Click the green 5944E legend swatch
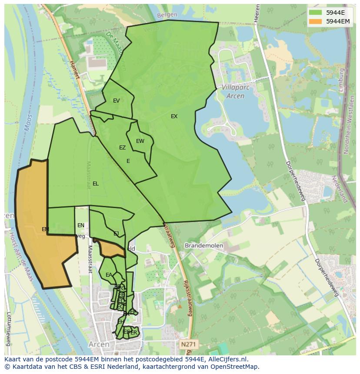[316, 13]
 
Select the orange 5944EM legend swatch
[316, 21]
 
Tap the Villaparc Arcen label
[233, 92]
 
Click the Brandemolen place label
[203, 245]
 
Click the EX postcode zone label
[174, 116]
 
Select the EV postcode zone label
[116, 101]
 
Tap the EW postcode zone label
[140, 141]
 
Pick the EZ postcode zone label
[122, 148]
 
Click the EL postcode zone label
[95, 184]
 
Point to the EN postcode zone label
[81, 225]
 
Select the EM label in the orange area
[45, 229]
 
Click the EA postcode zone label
[109, 275]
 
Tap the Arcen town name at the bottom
[99, 344]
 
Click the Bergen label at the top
[167, 15]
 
